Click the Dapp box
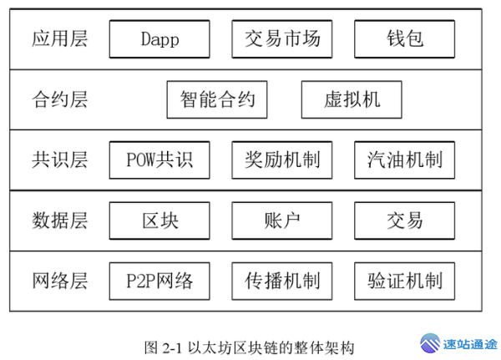159,39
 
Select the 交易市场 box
282,39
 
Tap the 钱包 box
405,39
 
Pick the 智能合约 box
217,99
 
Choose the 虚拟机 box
352,99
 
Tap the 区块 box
159,220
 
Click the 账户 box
282,220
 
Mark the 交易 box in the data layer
405,220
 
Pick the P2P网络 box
159,280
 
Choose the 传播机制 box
282,280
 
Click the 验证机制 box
405,280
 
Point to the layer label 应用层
60,39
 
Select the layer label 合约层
60,99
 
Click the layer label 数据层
60,220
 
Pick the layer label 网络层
60,280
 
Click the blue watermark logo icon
429,343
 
